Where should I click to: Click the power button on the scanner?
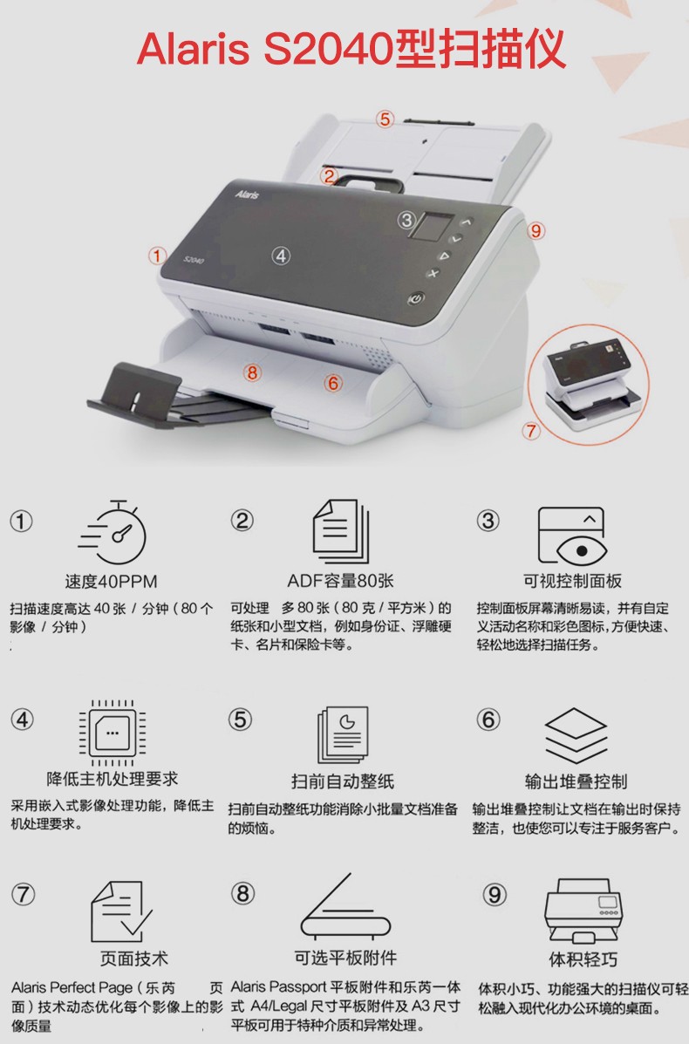417,299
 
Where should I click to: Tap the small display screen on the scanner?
432,227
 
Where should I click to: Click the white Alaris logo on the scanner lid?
247,194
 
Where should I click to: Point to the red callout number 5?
385,119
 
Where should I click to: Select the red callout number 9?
536,231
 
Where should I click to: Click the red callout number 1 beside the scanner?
157,256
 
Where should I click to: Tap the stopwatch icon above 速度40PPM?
113,532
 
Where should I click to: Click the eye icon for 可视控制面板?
572,536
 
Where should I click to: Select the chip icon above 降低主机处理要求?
113,733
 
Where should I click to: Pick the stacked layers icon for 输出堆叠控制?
576,736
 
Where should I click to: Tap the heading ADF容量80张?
340,581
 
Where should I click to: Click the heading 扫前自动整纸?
342,781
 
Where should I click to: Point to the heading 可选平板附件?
345,959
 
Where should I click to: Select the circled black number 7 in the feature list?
24,893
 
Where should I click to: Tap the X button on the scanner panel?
433,273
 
